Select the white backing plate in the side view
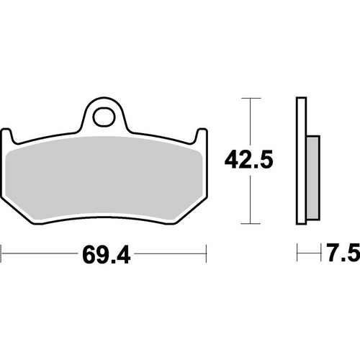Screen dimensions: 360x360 [300, 158]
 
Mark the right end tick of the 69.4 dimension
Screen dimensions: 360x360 [207, 254]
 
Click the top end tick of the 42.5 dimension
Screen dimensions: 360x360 [250, 97]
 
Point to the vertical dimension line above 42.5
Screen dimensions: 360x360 [250, 122]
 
